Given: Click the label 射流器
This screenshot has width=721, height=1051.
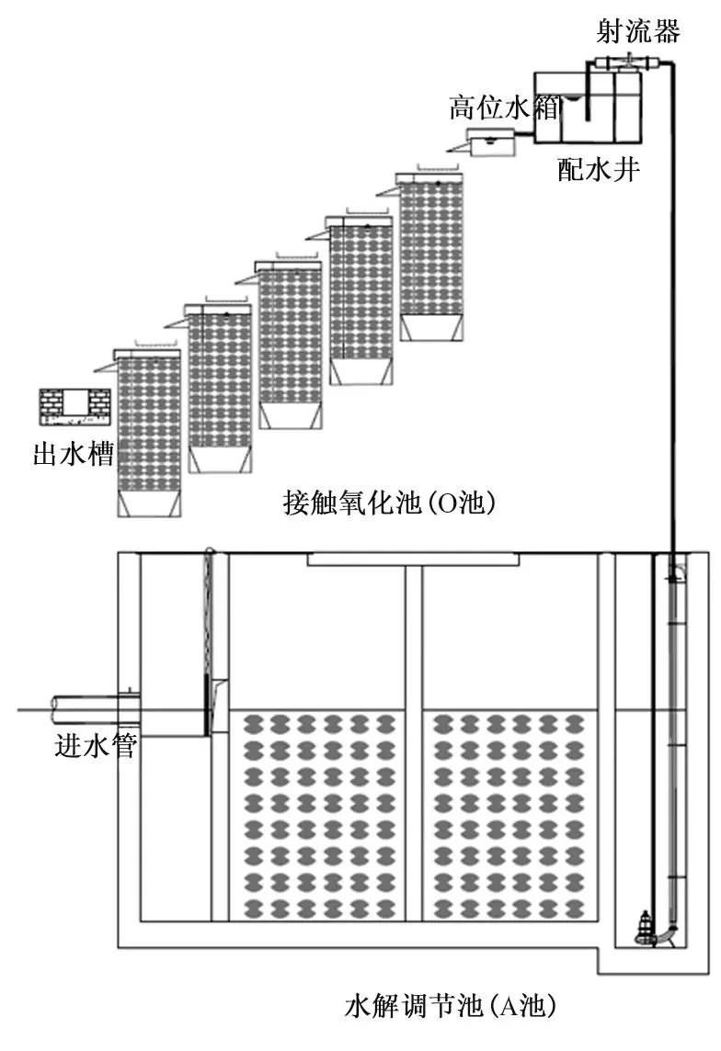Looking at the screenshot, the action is coord(638,31).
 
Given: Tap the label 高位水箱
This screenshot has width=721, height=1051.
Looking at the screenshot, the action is coord(504,107).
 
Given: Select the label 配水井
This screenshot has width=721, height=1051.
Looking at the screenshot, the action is coord(599,169).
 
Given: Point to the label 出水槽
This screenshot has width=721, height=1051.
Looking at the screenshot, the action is coord(73,454).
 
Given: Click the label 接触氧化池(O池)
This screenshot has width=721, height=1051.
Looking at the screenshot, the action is coord(389,502).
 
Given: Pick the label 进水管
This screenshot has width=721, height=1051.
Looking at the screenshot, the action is coord(96,745).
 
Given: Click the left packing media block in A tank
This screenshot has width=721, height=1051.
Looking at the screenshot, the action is coord(319,817).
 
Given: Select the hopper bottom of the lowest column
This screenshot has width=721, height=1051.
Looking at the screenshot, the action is coord(149,505).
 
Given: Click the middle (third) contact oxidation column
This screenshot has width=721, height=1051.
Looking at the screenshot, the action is coord(290,345).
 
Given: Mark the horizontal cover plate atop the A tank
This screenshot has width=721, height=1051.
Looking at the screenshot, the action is coord(413,559).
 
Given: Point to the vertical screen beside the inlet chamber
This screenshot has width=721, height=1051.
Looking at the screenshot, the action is coord(207,642).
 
